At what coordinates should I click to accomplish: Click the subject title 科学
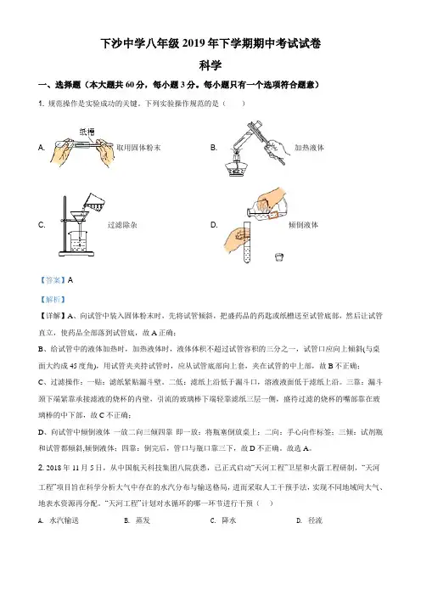(x=210, y=65)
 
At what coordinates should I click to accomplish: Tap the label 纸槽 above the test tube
(x=87, y=132)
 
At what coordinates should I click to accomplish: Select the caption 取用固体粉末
(x=138, y=148)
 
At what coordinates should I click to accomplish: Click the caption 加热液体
(x=309, y=148)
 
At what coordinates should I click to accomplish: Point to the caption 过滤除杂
(x=122, y=225)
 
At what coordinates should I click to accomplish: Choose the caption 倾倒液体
(x=303, y=225)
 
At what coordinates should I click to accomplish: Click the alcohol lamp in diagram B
(x=236, y=166)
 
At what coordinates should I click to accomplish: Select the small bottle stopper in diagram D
(x=279, y=257)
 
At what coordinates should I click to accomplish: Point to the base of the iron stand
(x=76, y=253)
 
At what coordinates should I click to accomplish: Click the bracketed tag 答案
(x=53, y=280)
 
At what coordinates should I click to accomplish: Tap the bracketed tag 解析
(x=53, y=300)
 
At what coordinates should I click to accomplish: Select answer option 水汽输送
(x=65, y=520)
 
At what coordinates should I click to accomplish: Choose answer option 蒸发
(x=143, y=520)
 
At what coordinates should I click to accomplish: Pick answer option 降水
(x=229, y=520)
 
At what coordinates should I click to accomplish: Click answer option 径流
(x=315, y=520)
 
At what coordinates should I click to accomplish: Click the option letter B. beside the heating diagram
(x=214, y=148)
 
